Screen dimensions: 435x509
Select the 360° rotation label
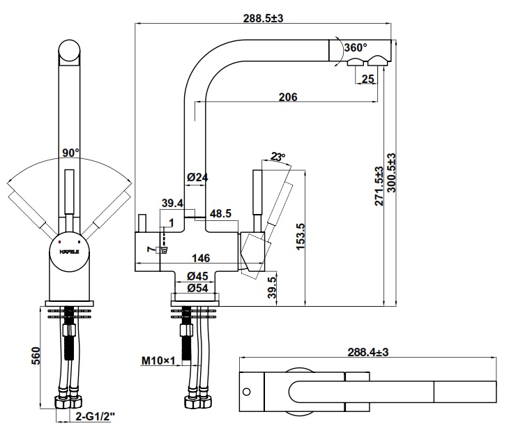[355, 47]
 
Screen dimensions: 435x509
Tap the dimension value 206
[287, 97]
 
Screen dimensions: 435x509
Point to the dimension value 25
[368, 79]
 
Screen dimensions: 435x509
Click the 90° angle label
[70, 153]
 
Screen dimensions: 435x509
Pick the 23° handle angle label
[279, 157]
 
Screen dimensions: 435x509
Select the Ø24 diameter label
[198, 178]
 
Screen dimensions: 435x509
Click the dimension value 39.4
[172, 203]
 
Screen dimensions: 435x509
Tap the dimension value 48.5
[220, 214]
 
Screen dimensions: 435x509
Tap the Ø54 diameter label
[198, 287]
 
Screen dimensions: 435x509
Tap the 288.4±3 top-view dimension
[368, 353]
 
